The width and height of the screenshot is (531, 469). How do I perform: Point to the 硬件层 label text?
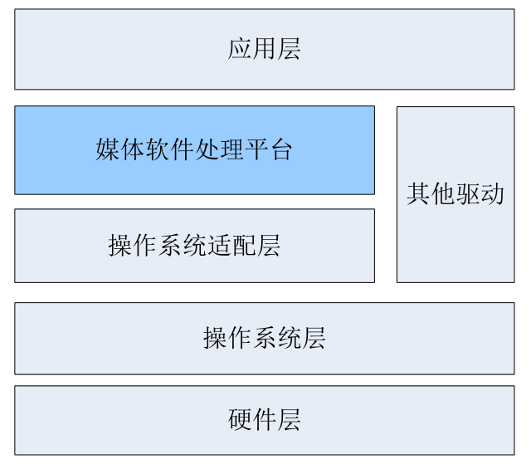(x=264, y=420)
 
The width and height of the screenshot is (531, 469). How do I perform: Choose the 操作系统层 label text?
(x=264, y=338)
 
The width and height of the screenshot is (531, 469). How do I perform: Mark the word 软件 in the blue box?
(x=168, y=150)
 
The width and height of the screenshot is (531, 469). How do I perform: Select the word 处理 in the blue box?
(x=217, y=150)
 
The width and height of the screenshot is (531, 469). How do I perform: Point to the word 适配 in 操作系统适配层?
(x=231, y=246)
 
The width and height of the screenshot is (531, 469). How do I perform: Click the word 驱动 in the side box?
(x=480, y=194)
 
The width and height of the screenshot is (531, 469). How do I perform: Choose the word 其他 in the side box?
(x=431, y=194)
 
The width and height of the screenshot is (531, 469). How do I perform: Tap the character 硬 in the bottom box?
(x=240, y=420)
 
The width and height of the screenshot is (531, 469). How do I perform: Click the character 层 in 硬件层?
(x=289, y=420)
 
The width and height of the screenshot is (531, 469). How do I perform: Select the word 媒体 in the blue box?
(x=120, y=150)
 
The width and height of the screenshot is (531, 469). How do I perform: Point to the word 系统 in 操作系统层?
(x=276, y=338)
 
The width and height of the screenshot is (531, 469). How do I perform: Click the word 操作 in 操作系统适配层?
(x=133, y=246)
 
